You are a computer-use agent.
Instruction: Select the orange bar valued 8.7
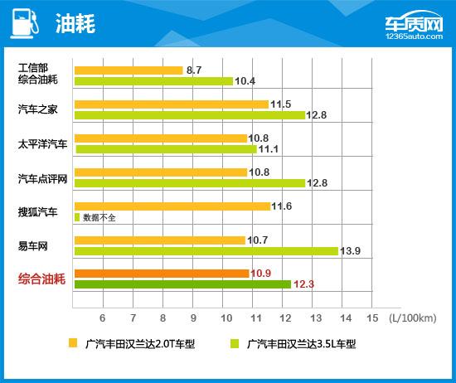coord(129,70)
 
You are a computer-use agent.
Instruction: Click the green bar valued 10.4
coord(154,81)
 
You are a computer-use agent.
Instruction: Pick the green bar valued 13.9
coord(206,250)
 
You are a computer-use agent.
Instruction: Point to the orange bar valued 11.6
coord(172,206)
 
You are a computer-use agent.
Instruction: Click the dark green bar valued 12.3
coord(182,284)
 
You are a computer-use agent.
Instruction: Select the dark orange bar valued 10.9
coord(162,273)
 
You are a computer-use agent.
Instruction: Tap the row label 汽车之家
coord(38,109)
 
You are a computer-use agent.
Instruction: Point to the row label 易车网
coord(33,245)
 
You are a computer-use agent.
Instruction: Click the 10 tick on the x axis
coord(226,318)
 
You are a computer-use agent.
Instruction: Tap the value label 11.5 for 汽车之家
coord(283,104)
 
